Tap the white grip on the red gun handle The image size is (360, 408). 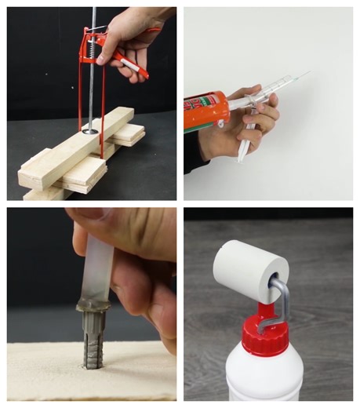point(133,68)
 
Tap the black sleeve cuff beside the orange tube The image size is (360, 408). point(192,153)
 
